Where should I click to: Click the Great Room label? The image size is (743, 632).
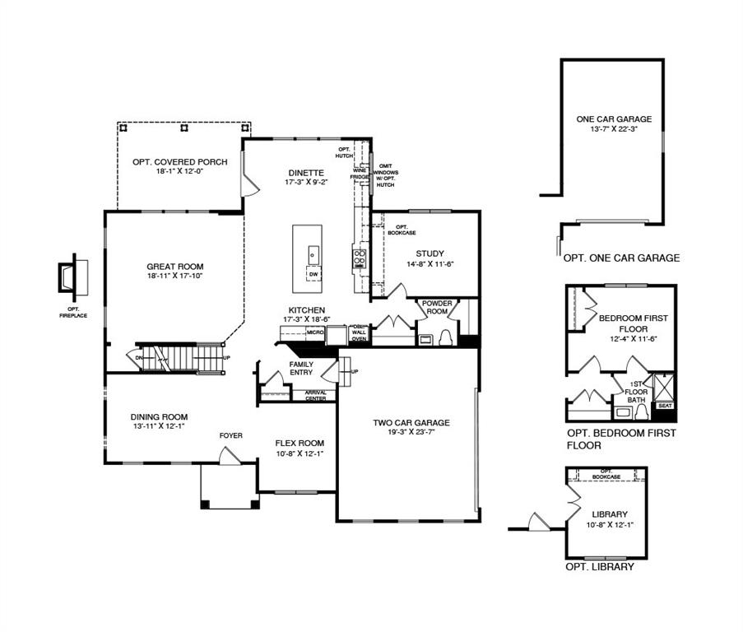174,267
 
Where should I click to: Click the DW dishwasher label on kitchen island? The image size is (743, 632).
313,274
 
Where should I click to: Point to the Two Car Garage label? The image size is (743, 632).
411,423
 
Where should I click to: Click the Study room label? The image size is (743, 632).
430,253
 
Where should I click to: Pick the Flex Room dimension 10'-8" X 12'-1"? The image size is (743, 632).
300,453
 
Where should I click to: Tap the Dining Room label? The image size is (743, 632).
160,416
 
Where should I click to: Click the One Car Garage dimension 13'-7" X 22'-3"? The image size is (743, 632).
614,129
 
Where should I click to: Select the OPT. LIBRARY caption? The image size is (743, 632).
599,567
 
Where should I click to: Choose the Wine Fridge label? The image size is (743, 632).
360,173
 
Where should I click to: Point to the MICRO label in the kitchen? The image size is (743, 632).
314,332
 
